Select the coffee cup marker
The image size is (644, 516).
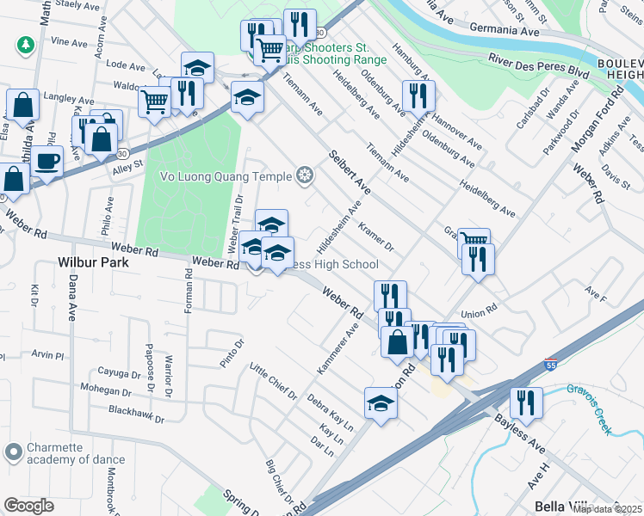[48, 160]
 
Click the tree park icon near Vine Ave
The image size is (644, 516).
[27, 43]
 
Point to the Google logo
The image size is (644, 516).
[28, 506]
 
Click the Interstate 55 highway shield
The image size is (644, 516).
[552, 365]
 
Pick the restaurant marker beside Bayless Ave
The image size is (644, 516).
[525, 402]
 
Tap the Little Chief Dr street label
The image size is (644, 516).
[273, 383]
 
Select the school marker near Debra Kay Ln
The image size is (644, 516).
[381, 402]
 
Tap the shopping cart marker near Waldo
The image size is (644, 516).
[155, 102]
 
